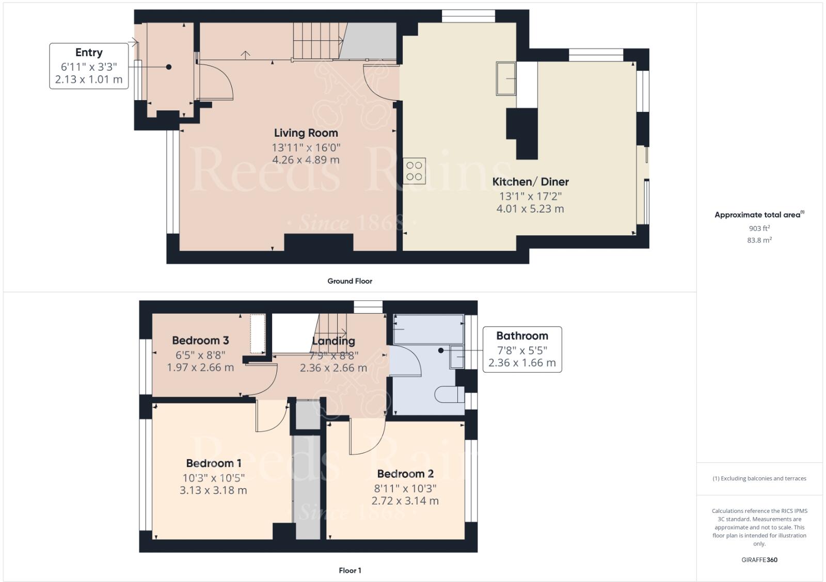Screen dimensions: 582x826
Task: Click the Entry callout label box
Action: tap(89, 66)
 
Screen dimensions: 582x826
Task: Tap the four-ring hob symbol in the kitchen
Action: tap(414, 171)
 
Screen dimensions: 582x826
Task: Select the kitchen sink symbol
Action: tap(506, 78)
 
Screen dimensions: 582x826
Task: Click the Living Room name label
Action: tap(306, 133)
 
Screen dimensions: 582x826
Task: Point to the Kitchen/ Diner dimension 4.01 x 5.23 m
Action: tap(530, 209)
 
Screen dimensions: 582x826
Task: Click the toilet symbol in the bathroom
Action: tap(449, 395)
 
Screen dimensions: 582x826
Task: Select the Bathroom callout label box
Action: tap(522, 349)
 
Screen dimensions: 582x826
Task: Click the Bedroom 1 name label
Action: tap(213, 463)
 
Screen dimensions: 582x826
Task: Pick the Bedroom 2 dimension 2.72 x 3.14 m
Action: tap(405, 501)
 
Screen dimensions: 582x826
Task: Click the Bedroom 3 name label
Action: tap(200, 341)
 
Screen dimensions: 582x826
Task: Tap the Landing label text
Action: tap(333, 341)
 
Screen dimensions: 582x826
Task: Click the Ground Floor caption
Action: tap(350, 281)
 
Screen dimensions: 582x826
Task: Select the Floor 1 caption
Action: tap(350, 571)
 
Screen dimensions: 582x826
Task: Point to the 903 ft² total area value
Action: tap(759, 228)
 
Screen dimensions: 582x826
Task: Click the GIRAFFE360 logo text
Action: tap(759, 560)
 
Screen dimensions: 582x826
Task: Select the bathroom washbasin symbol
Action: tap(457, 357)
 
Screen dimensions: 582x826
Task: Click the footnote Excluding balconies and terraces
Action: tap(759, 478)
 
